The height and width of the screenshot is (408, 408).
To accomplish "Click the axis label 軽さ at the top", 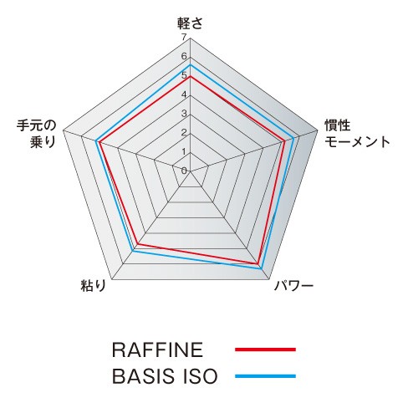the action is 190,23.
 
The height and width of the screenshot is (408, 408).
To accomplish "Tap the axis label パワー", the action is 293,286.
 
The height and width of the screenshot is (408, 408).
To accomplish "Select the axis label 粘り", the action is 94,285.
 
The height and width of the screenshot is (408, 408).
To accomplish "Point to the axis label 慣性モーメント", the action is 356,134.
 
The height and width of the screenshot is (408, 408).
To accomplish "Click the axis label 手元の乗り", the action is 37,134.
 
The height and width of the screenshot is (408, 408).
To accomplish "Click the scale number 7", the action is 184,37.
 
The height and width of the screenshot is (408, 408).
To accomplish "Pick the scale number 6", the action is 184,56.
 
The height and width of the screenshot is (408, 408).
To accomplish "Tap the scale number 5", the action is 184,75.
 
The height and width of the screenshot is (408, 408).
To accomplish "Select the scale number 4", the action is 184,94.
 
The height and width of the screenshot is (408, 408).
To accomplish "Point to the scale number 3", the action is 184,114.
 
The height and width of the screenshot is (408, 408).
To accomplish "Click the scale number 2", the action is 184,132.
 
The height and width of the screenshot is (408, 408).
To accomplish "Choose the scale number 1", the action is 184,151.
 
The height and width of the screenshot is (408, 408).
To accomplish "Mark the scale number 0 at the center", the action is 184,171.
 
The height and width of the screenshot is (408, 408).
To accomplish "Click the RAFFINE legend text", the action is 157,349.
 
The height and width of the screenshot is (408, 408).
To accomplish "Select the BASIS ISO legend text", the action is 165,376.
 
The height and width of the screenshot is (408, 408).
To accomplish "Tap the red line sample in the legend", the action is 265,349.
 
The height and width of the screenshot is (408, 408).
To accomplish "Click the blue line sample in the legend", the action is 265,376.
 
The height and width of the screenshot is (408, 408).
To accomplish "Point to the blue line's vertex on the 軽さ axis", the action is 191,65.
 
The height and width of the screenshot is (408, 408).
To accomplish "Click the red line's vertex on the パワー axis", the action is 258,263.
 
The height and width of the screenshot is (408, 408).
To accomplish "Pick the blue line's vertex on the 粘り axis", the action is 133,251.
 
